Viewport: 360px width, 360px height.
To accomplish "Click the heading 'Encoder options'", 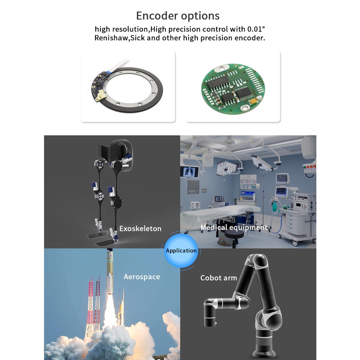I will coord(178,16).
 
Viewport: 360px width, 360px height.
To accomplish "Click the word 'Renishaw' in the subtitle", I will coord(110,38).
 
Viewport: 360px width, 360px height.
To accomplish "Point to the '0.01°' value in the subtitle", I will coord(255,29).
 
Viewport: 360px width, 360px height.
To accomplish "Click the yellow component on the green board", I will coord(252,101).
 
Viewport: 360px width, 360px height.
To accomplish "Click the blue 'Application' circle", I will coord(181,250).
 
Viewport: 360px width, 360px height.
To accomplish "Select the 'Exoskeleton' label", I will coord(140,229).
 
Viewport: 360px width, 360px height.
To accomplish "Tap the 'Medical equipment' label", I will coord(234,227).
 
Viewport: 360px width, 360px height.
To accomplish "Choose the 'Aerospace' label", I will coord(142,277).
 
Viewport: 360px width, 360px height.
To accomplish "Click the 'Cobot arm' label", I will coord(219,278).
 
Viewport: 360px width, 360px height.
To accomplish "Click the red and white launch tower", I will coord(91,306).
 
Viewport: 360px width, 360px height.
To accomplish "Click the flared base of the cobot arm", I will coord(265,347).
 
